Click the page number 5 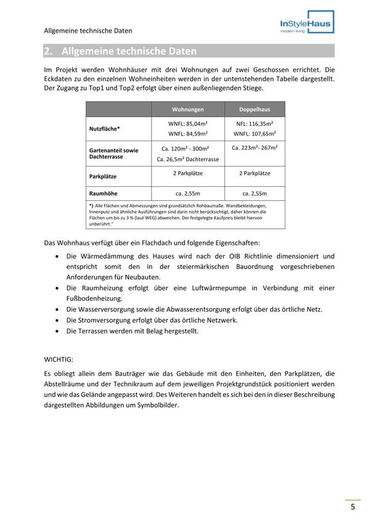(x=353, y=507)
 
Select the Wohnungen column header (x=187, y=109)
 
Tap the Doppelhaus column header (x=255, y=109)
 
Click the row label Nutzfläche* (x=105, y=129)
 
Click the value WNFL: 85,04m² (x=187, y=124)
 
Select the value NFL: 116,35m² (x=254, y=124)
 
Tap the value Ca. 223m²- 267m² (x=254, y=148)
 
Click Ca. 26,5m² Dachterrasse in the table (x=187, y=159)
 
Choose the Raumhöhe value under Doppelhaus (x=254, y=193)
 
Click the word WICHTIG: (x=59, y=358)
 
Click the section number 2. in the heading (x=49, y=51)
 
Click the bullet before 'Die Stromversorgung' (x=57, y=321)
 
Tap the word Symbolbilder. (x=158, y=405)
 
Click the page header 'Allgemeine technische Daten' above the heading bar (x=88, y=30)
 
